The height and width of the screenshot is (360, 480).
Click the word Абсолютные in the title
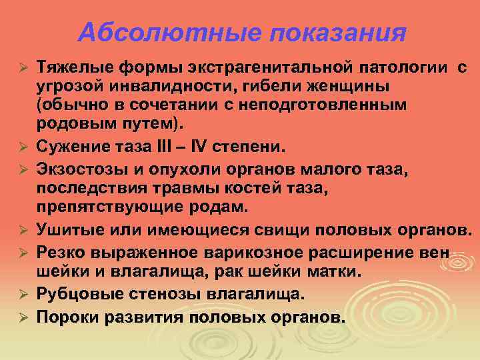(x=143, y=31)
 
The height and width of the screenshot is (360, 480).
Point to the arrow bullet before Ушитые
(x=22, y=231)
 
